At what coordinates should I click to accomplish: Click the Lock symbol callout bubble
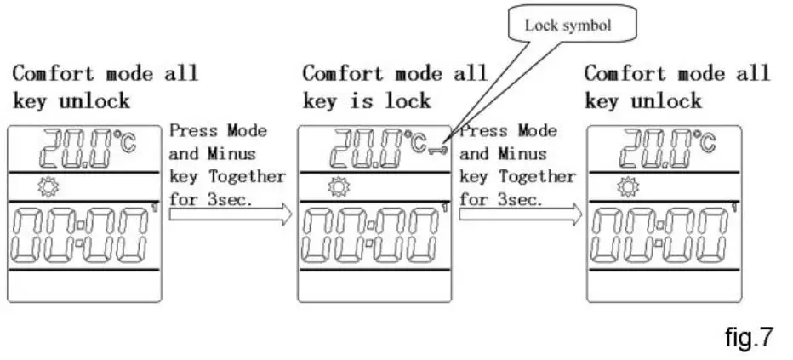pos(568,26)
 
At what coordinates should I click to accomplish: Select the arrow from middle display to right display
pos(520,214)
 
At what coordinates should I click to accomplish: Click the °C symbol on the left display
pos(124,141)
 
